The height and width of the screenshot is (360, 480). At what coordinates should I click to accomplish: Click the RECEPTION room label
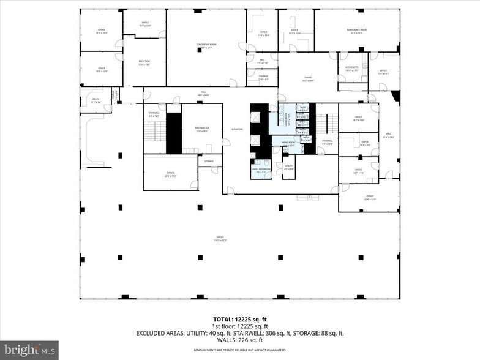(144, 62)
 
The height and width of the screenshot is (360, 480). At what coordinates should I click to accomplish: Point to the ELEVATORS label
(238, 129)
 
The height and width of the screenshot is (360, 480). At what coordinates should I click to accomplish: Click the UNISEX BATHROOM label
(260, 171)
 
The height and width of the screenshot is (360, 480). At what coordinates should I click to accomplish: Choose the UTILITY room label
(288, 167)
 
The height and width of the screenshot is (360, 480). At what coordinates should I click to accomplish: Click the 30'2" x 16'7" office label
(308, 78)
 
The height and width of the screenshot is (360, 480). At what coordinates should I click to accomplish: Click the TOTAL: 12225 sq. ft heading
(239, 320)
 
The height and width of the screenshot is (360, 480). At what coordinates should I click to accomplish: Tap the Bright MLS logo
(29, 350)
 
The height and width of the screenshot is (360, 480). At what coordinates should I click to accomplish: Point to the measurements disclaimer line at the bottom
(239, 350)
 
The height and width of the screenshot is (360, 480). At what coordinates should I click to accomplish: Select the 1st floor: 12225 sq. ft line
(239, 326)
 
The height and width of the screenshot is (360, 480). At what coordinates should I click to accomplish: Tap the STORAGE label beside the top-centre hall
(263, 78)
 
